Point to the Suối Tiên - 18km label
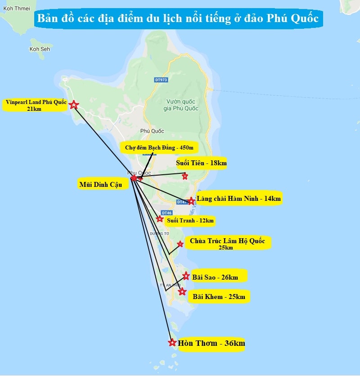201,163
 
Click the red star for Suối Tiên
185,176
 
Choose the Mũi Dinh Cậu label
103,185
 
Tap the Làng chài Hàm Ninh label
239,198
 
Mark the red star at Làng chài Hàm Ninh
191,201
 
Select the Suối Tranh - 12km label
190,221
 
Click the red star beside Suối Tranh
160,219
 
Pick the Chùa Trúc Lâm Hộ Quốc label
227,243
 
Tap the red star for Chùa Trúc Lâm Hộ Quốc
180,244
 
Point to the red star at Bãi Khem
182,292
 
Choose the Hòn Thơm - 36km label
211,344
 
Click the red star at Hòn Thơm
172,343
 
